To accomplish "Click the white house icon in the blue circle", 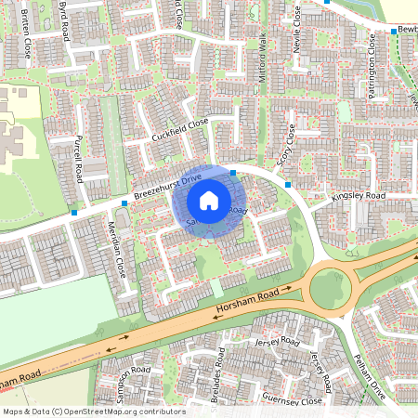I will (x=209, y=200).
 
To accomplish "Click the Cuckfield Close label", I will (x=180, y=131).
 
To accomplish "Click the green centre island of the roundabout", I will (x=330, y=287).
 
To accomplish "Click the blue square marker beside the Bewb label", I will (x=394, y=31).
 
